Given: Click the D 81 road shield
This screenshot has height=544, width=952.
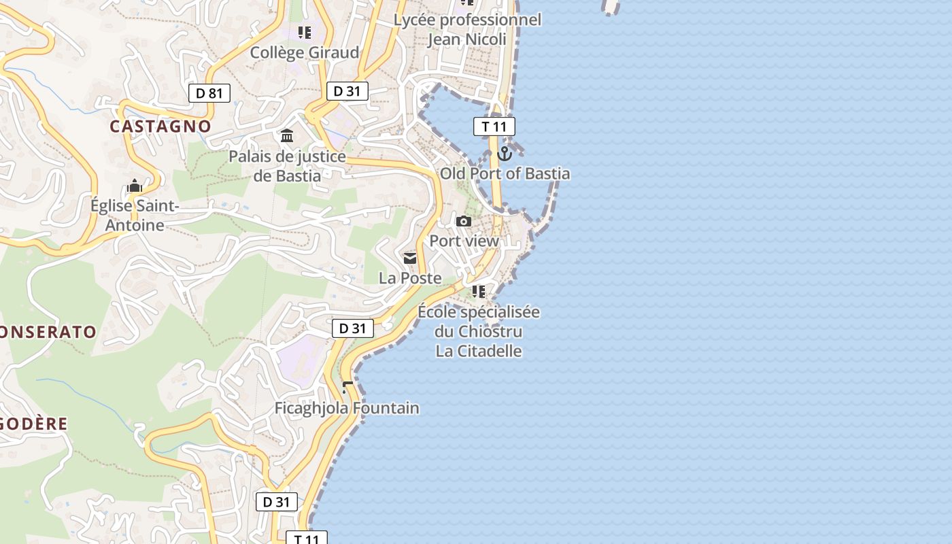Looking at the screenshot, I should (x=209, y=93).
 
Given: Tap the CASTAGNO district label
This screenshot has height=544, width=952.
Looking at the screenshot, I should (x=160, y=126).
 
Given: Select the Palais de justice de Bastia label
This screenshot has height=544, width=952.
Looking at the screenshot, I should (x=287, y=166).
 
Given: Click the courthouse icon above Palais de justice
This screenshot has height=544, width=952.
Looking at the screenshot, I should (x=287, y=136).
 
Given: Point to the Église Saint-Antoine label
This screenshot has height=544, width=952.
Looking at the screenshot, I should (x=135, y=215).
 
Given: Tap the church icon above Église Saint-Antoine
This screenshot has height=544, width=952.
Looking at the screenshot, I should (x=135, y=186).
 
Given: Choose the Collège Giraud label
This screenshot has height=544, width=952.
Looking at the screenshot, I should (x=305, y=52).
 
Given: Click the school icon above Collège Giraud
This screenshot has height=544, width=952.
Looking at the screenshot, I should (x=305, y=32).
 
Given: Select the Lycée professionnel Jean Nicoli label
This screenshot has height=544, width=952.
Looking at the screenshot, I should (x=468, y=29).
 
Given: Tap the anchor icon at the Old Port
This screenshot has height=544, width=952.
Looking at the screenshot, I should (x=504, y=154).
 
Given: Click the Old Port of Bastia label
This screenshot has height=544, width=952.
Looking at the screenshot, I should (x=505, y=173).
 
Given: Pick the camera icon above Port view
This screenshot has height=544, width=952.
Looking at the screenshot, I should (x=464, y=221).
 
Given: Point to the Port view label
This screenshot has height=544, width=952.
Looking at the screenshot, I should (x=464, y=241).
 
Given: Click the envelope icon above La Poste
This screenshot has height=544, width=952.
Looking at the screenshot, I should (x=410, y=258).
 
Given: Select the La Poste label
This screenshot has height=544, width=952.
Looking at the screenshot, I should (x=410, y=278).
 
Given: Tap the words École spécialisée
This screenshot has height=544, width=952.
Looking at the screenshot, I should (x=479, y=312).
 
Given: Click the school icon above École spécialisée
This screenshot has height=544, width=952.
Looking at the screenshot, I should (x=479, y=292).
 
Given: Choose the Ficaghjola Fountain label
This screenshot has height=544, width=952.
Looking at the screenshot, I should (x=347, y=408).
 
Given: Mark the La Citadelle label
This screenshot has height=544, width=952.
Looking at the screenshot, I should (x=479, y=351).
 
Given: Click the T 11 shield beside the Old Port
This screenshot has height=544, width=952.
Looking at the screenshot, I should (x=494, y=126).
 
